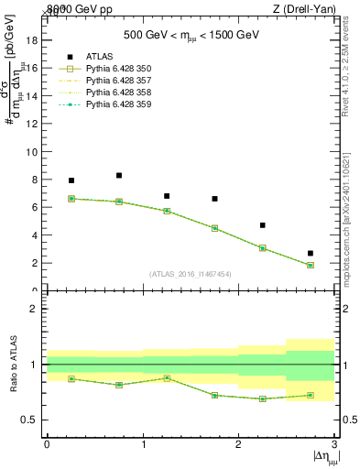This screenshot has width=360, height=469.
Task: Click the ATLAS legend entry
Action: pyautogui.click(x=96, y=56)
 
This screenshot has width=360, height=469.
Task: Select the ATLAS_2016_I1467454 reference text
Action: pyautogui.click(x=191, y=273)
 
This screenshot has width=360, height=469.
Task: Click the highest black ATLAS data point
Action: pyautogui.click(x=119, y=175)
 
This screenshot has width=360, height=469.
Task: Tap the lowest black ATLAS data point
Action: pyautogui.click(x=311, y=253)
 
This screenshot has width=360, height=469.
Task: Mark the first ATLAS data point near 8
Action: pyautogui.click(x=71, y=180)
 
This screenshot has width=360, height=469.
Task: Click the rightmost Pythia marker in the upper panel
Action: pyautogui.click(x=311, y=265)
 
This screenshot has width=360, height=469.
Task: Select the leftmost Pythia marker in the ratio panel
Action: pyautogui.click(x=71, y=378)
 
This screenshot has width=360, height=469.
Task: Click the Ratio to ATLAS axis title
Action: pyautogui.click(x=14, y=365)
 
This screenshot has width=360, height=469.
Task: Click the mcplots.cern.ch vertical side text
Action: pyautogui.click(x=351, y=220)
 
